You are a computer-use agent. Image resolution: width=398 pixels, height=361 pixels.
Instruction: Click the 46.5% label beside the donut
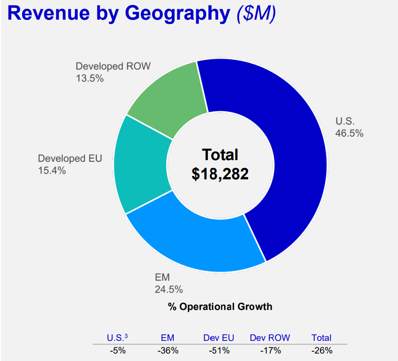pos(349,133)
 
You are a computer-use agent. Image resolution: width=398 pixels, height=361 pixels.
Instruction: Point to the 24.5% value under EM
pos(169,289)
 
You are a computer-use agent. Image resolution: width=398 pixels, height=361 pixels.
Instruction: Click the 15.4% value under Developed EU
pos(52,170)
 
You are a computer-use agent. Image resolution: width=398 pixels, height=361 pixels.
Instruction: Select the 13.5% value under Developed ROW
pos(89,78)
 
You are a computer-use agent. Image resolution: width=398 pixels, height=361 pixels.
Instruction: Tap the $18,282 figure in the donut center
pos(220,174)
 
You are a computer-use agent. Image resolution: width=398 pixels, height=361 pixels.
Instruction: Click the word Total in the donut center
pos(220,155)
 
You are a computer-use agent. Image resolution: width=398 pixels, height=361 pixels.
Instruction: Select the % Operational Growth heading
pos(220,307)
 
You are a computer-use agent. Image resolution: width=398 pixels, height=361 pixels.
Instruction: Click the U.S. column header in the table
pos(116,338)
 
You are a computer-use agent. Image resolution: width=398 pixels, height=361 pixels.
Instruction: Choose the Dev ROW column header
pos(270,338)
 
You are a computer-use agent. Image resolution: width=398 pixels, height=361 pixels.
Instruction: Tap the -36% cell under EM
pos(168,350)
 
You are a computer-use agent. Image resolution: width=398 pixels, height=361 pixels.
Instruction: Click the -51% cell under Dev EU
pos(219,350)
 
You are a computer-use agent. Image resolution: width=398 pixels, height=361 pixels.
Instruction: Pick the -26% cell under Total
pos(321,350)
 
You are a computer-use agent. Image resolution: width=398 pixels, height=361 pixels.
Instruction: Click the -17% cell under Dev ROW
pos(270,350)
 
